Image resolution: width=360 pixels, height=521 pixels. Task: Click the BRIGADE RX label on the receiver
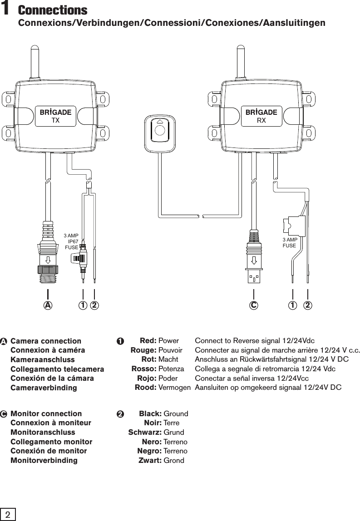(x=261, y=116)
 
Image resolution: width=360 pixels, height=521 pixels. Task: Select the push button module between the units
(x=159, y=129)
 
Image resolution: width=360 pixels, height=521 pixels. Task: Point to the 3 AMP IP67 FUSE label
(x=71, y=241)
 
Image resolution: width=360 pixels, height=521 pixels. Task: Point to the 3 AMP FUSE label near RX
(x=290, y=242)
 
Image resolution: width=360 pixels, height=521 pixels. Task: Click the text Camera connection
(x=46, y=341)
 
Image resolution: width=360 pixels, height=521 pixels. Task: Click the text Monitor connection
(x=46, y=413)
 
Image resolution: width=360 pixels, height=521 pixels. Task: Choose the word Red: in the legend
(x=148, y=341)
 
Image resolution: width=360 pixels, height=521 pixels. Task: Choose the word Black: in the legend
(x=150, y=413)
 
